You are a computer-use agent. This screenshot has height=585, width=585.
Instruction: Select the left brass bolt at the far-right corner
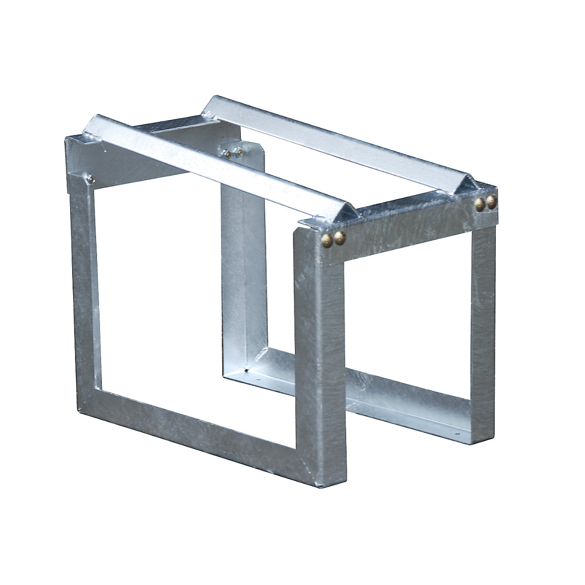[x=481, y=203]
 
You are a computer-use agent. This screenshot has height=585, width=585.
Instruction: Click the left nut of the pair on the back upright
[x=228, y=154]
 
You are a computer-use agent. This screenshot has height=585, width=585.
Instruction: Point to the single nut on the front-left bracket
[x=92, y=180]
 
